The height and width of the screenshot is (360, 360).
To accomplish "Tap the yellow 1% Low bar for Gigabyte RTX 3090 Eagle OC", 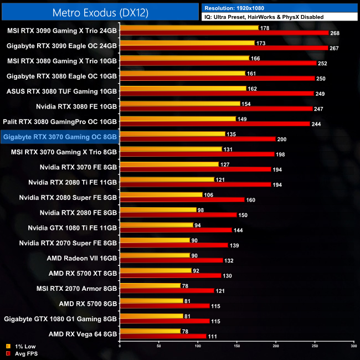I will (187, 43).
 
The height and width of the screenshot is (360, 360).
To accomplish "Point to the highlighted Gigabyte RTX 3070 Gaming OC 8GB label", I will (60, 136).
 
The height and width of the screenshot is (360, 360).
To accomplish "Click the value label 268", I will (335, 33).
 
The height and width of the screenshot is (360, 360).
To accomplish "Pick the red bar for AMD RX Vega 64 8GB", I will (163, 336).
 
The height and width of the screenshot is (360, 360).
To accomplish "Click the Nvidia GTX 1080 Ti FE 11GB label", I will (73, 227).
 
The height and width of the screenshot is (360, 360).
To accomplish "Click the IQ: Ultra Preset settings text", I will (264, 17).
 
